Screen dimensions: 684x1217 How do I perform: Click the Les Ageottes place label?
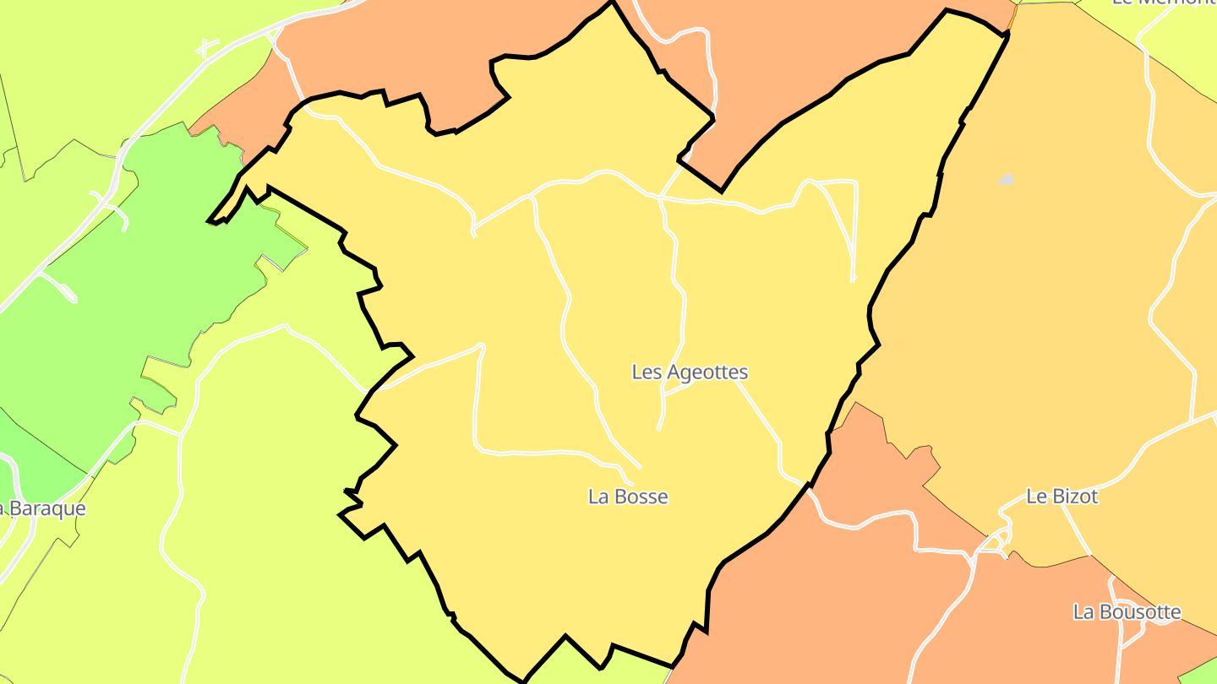click(690, 372)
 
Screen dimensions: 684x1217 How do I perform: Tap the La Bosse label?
click(628, 497)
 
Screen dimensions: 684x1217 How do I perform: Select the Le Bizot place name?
click(1061, 497)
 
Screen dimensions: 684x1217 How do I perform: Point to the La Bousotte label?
click(1127, 611)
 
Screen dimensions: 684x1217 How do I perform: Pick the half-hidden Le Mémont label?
click(1163, 3)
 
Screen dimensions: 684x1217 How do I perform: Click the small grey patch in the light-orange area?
click(1006, 180)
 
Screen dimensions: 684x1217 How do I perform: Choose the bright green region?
click(127, 279)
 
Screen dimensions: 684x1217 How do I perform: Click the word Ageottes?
click(707, 372)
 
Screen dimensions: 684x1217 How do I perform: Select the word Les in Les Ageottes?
click(647, 372)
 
